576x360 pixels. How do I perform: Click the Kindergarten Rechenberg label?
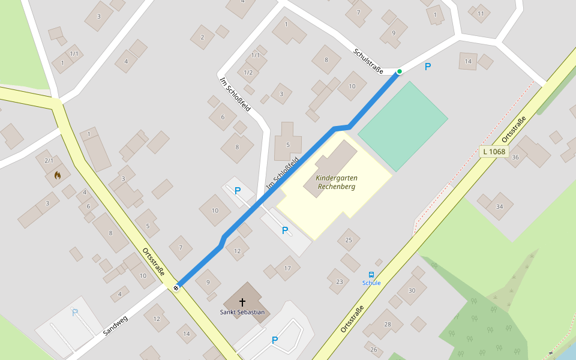pyautogui.click(x=336, y=182)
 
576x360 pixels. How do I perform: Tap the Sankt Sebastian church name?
pyautogui.click(x=242, y=312)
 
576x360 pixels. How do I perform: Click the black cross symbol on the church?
pyautogui.click(x=243, y=302)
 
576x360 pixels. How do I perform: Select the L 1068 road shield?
pyautogui.click(x=494, y=152)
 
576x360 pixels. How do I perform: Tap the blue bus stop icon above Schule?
pyautogui.click(x=371, y=275)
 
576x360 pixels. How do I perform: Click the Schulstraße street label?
pyautogui.click(x=368, y=61)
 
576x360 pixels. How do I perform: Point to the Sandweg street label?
pyautogui.click(x=115, y=325)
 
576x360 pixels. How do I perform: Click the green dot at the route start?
pyautogui.click(x=399, y=71)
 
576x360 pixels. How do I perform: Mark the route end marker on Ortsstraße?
pyautogui.click(x=176, y=287)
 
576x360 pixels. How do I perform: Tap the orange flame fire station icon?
pyautogui.click(x=58, y=175)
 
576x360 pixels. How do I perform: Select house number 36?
pyautogui.click(x=515, y=157)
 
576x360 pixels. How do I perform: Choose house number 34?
pyautogui.click(x=499, y=206)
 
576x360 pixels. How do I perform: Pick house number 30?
pyautogui.click(x=412, y=290)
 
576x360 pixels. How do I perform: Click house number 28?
pyautogui.click(x=388, y=325)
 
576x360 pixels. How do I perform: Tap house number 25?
pyautogui.click(x=349, y=240)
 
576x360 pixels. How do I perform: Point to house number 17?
pyautogui.click(x=287, y=268)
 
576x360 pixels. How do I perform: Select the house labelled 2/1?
pyautogui.click(x=49, y=160)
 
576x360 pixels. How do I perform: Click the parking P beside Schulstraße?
pyautogui.click(x=428, y=67)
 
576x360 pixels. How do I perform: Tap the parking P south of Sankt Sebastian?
pyautogui.click(x=275, y=340)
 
